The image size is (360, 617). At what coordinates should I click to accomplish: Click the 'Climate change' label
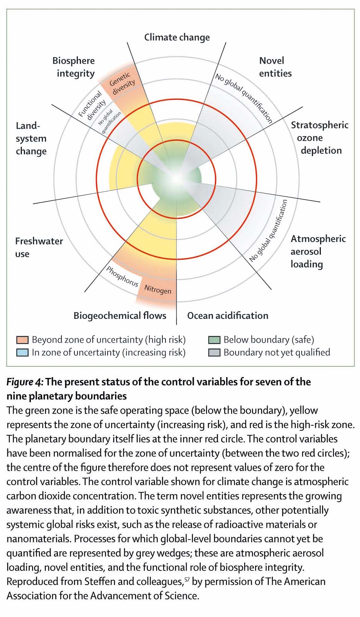coord(177,37)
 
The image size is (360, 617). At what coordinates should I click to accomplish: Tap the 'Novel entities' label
coord(275,67)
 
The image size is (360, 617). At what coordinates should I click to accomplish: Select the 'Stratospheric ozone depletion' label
coord(319,138)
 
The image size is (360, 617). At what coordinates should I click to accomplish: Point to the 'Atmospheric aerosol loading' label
coord(318,251)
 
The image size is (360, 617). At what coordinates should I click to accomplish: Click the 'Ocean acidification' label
coord(228,316)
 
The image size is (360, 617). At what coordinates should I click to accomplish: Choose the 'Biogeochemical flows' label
coord(120,316)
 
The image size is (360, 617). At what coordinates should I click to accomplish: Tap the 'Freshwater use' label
coord(39,247)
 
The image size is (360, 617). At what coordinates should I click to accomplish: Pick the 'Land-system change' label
coord(31,139)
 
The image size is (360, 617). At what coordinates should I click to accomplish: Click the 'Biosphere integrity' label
coord(74,67)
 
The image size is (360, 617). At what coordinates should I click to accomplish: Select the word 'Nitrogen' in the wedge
coord(158,290)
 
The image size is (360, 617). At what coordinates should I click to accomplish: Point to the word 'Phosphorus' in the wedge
coord(122,276)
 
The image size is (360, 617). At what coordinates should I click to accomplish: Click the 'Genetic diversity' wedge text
coord(122,83)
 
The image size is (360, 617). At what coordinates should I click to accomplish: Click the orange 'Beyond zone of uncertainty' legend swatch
coord(22,340)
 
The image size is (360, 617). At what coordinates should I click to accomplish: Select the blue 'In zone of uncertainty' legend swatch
coord(22,352)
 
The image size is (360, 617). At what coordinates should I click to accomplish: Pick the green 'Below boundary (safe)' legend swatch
coord(214,340)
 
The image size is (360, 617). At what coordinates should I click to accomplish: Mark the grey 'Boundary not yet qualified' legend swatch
coord(214,352)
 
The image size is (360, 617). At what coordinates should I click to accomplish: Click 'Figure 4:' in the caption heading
coord(25,382)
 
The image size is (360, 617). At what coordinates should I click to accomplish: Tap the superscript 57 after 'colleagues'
coord(187,579)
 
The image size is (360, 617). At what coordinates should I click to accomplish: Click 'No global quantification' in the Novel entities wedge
coord(243,98)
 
